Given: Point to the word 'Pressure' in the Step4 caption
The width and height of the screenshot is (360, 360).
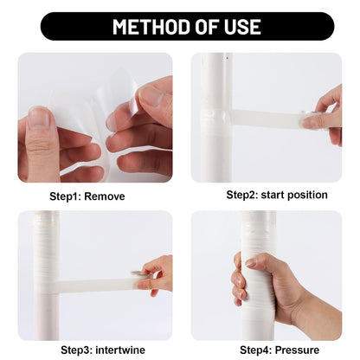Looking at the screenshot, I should (x=292, y=350).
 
